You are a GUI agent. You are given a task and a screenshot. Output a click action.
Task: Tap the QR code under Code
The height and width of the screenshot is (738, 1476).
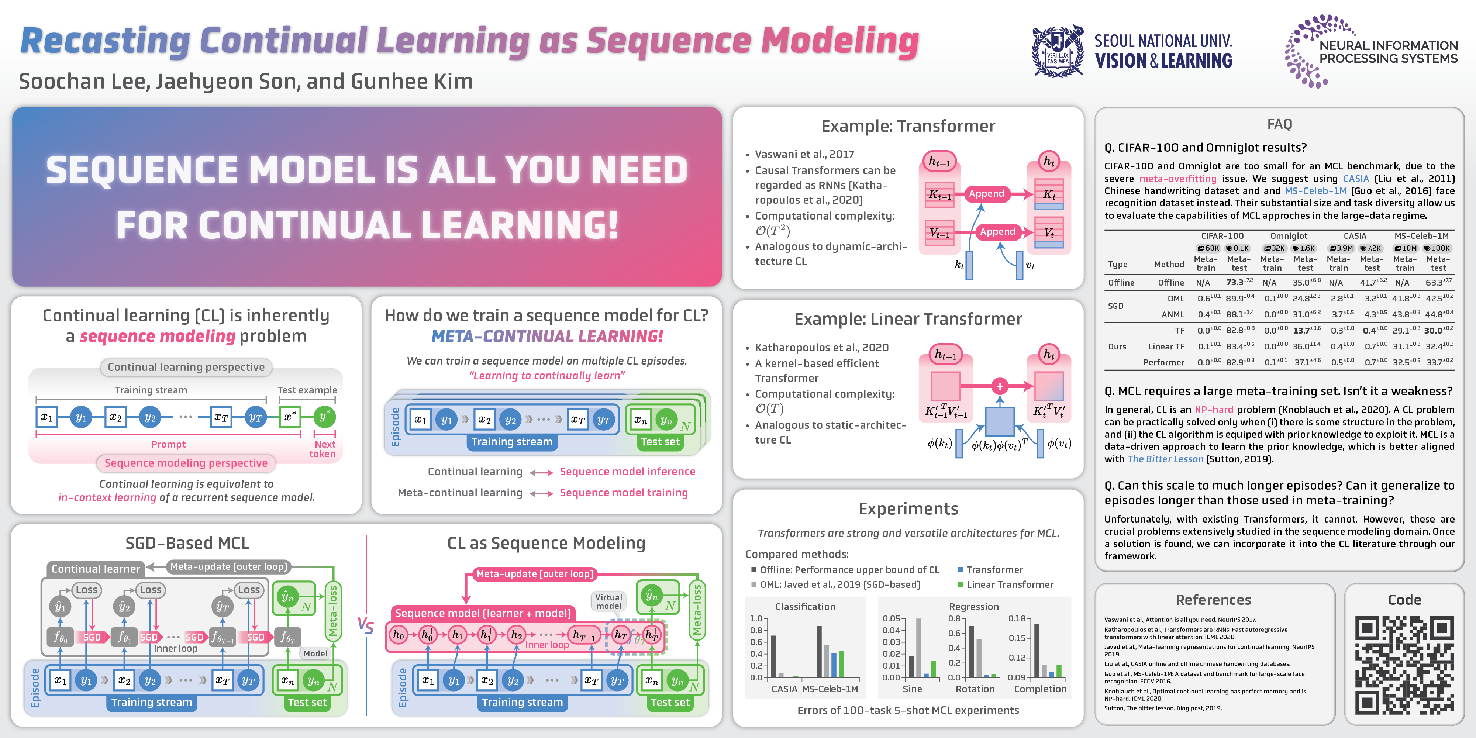coord(1404,665)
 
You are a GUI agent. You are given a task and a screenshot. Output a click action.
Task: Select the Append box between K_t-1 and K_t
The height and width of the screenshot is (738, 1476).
coord(986,194)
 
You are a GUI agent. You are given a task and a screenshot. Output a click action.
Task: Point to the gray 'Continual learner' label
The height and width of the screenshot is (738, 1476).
coord(96,569)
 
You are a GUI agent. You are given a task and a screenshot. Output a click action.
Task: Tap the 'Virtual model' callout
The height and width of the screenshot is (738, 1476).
coord(608,601)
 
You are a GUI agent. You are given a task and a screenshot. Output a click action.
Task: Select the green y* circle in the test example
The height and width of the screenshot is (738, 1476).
coord(324,417)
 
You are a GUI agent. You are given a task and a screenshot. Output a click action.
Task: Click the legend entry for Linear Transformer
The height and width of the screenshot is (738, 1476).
coord(1010,584)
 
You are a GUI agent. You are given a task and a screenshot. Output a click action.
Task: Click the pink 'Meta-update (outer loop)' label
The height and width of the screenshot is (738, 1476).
coord(535,573)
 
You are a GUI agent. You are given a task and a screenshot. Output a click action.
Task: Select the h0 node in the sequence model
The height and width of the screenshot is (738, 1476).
coord(398,634)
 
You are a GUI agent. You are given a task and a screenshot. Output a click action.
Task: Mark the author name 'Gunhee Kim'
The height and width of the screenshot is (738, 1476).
coord(411,81)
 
